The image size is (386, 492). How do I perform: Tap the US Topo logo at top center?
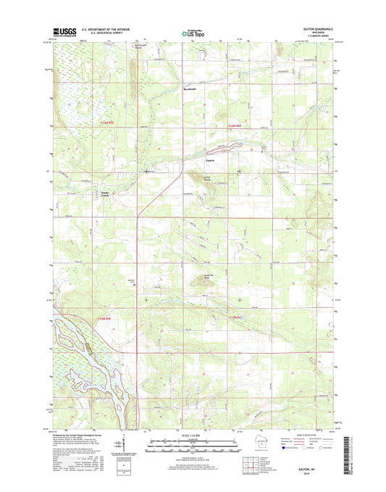192,32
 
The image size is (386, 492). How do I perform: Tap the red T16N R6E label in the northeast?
229,125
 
